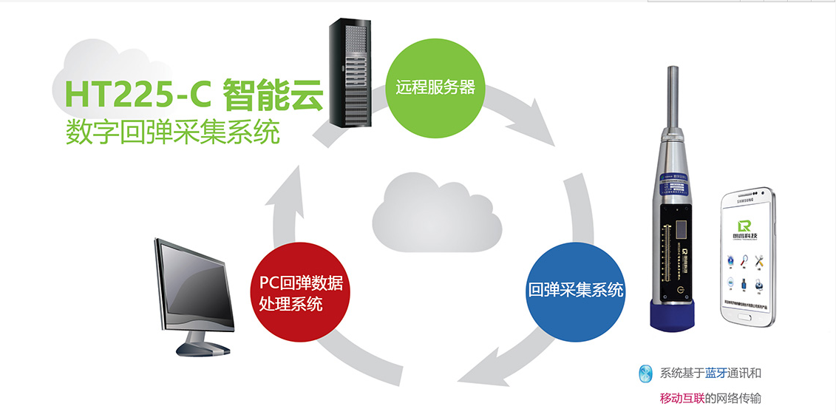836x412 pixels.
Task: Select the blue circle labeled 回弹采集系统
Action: click(x=576, y=290)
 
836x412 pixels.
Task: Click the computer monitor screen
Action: click(x=194, y=286)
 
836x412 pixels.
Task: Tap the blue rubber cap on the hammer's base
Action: click(x=671, y=315)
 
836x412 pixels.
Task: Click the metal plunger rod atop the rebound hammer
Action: click(x=673, y=96)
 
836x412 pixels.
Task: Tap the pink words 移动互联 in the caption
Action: click(x=682, y=399)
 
